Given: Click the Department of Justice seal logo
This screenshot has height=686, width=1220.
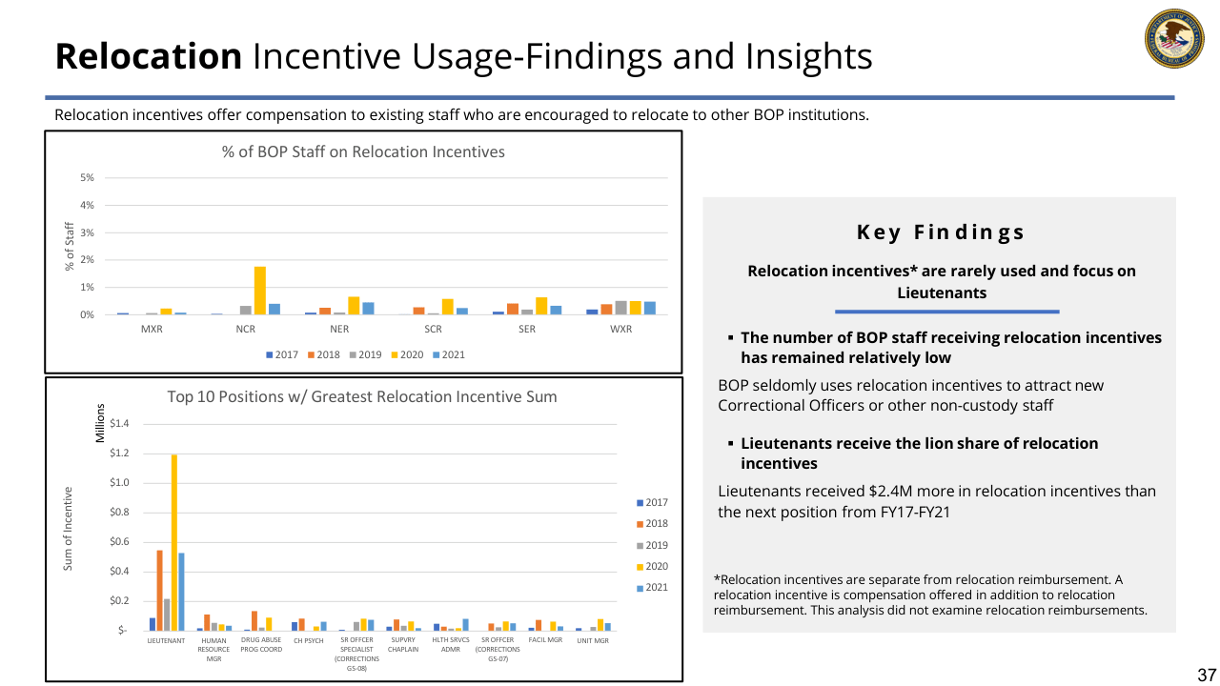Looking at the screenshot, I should click(x=1173, y=39).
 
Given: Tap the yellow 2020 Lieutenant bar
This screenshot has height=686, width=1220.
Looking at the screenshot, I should click(x=173, y=542).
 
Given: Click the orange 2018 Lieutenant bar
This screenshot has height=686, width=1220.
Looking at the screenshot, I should click(x=159, y=590).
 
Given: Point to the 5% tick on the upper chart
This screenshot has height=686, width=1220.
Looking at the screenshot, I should click(x=87, y=178).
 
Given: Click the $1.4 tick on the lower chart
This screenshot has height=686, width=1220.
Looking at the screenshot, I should click(x=120, y=424).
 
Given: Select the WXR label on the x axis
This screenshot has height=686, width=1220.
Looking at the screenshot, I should click(x=620, y=330).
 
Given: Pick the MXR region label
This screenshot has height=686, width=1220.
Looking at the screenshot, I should click(x=151, y=330).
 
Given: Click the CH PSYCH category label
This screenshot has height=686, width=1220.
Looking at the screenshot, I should click(x=309, y=640).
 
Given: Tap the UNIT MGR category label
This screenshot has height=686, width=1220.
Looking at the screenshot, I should click(x=592, y=640).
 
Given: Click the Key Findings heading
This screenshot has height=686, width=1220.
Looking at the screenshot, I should click(x=940, y=232).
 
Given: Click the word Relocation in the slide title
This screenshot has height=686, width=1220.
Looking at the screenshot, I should click(x=149, y=56).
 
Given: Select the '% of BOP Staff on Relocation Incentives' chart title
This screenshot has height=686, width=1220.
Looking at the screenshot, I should click(x=363, y=151).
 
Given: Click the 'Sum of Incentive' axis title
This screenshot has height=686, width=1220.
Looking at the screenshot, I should click(x=68, y=529).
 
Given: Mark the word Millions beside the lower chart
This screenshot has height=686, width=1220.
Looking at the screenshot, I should click(x=98, y=423).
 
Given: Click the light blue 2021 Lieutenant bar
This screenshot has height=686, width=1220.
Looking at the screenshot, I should click(x=181, y=591).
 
